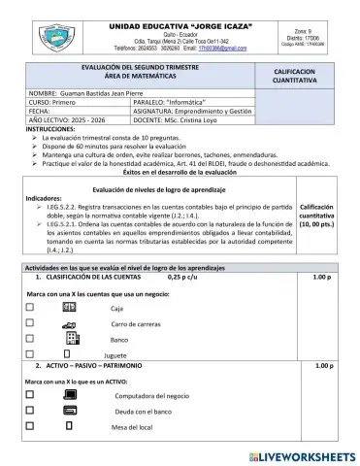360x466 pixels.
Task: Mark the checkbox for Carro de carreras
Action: (x=30, y=323)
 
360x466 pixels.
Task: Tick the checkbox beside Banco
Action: (x=30, y=340)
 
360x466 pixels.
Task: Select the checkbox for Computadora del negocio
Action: (x=30, y=395)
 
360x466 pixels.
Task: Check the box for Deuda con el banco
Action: (x=30, y=412)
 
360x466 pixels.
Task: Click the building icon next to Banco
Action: (x=71, y=339)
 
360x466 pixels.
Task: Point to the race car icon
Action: (x=70, y=323)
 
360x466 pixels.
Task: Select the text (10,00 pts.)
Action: (x=318, y=222)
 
